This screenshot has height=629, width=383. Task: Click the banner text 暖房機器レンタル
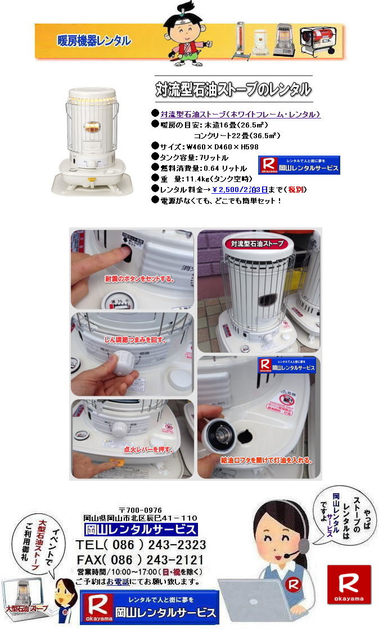pyautogui.click(x=94, y=41)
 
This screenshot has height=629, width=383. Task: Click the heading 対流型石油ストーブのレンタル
pyautogui.click(x=233, y=89)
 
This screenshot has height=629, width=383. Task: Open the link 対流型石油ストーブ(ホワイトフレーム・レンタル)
pyautogui.click(x=240, y=114)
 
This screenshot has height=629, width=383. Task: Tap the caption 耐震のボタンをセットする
pyautogui.click(x=139, y=278)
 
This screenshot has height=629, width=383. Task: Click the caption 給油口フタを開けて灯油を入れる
pyautogui.click(x=266, y=460)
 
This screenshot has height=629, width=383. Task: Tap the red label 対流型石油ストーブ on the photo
pyautogui.click(x=256, y=244)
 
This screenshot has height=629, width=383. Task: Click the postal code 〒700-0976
pyautogui.click(x=140, y=509)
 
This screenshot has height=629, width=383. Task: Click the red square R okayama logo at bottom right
pyautogui.click(x=349, y=584)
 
